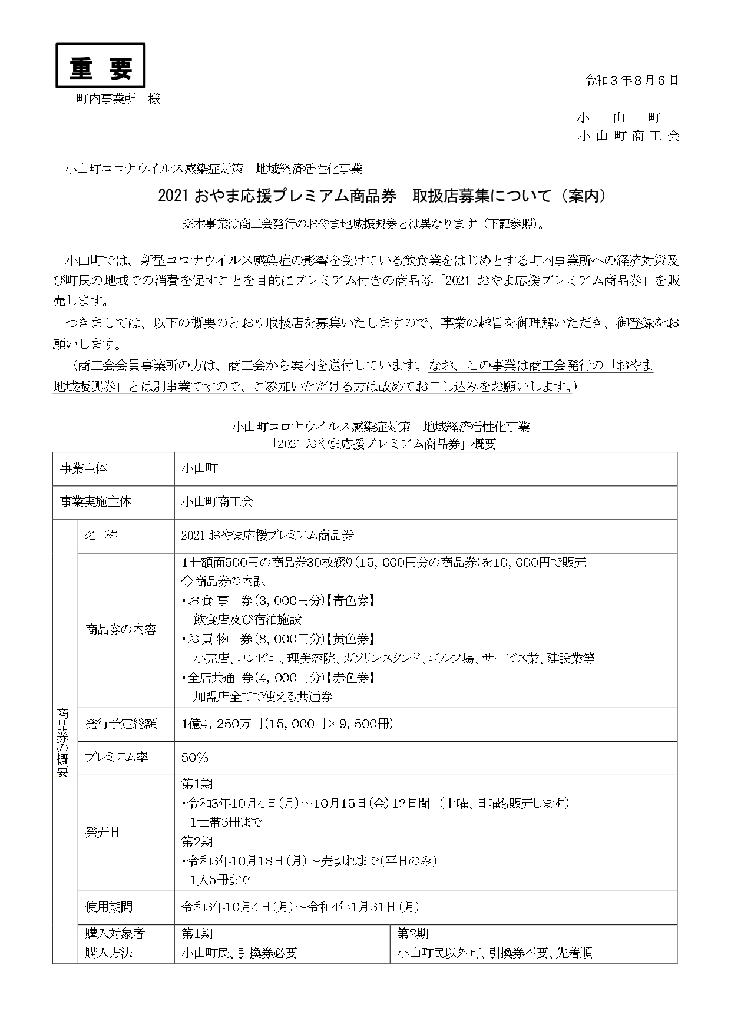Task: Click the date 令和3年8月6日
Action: pos(631,80)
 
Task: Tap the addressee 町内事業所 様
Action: pos(118,99)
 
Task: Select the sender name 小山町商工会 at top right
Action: pos(629,136)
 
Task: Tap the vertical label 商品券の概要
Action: pos(63,742)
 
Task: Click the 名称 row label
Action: pos(101,536)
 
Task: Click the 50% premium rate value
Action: pos(195,757)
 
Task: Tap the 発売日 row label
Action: pos(102,833)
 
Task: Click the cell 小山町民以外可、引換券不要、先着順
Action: pos(494,953)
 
